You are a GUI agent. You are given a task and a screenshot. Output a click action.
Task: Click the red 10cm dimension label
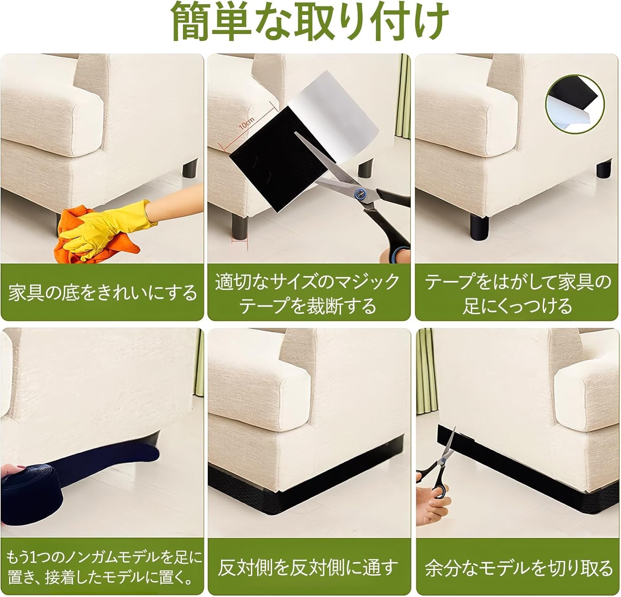[x=246, y=123]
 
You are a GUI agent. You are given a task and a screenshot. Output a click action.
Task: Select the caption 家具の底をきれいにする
[x=102, y=293]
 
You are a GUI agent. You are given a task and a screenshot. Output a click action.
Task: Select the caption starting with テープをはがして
[x=518, y=295]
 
